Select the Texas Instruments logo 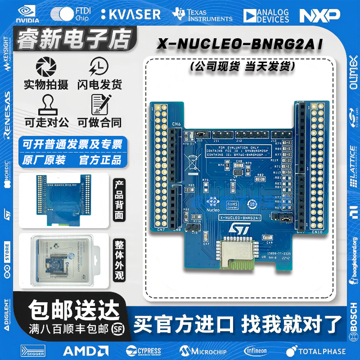(202, 14)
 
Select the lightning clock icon (99, 67)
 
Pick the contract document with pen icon (99, 104)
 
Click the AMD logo (85, 350)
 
